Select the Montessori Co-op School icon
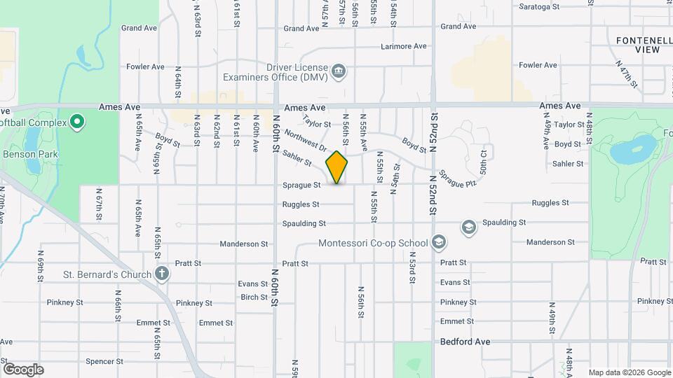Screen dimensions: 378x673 tap(438, 243)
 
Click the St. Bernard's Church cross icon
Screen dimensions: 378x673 tap(162, 274)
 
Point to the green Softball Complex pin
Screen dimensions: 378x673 tap(77, 122)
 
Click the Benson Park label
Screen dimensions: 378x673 tap(30, 154)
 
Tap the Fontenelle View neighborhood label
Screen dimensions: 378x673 tap(643, 45)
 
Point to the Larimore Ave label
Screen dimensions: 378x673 tap(404, 46)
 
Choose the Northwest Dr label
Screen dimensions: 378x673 tap(306, 140)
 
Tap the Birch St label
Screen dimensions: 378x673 tap(254, 297)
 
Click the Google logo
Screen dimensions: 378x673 tap(22, 370)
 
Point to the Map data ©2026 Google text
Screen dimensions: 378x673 tap(629, 372)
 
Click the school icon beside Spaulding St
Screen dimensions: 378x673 tap(468, 227)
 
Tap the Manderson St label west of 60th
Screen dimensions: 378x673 tap(244, 244)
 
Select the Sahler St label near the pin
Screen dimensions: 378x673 tap(299, 159)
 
